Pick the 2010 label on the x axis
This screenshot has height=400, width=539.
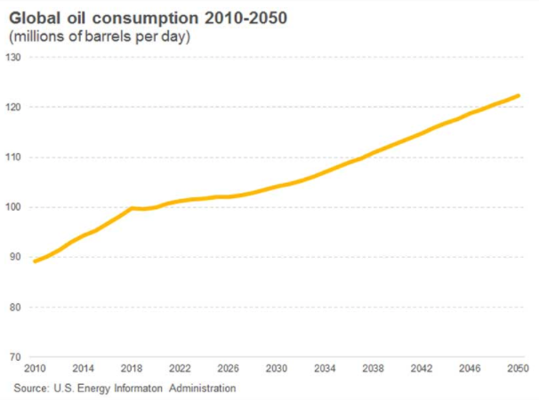(x=36, y=368)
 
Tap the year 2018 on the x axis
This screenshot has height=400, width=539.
(x=132, y=368)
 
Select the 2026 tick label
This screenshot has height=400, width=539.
(x=228, y=368)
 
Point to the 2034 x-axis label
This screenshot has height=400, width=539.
(x=325, y=368)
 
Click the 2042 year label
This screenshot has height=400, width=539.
(x=421, y=368)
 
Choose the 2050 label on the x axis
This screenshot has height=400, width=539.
(x=517, y=368)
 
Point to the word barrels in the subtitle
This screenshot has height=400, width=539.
(x=104, y=36)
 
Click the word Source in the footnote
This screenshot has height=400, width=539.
(x=31, y=388)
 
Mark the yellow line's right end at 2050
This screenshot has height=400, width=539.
(x=519, y=96)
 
